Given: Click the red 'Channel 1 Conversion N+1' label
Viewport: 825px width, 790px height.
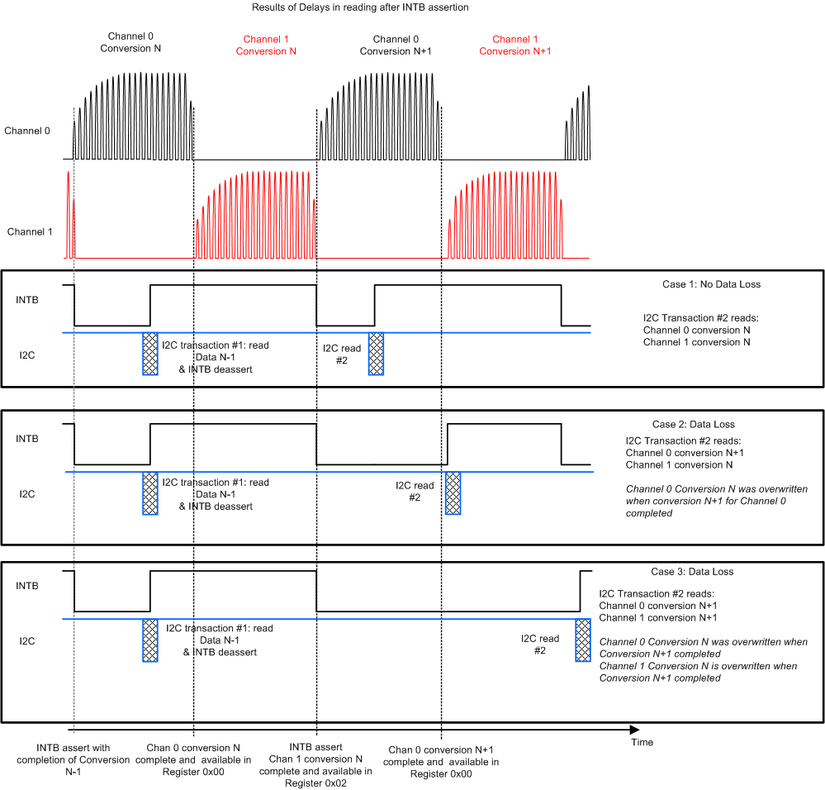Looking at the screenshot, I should point(514,45).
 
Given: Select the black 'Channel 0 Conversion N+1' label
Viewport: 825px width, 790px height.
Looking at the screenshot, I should point(396,45).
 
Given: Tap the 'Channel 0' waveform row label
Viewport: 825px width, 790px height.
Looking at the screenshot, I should point(26,131).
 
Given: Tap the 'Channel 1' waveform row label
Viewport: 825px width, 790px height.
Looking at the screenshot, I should point(30,232).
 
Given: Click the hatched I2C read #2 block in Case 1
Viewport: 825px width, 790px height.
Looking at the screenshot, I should point(376,354).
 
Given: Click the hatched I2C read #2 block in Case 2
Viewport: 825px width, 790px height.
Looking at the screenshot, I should point(453,493).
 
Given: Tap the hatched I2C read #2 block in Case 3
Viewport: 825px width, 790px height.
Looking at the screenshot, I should point(583,640).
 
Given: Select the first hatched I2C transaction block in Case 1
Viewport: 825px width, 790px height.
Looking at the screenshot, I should point(149,354).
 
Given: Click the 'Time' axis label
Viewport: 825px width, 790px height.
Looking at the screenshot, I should point(642,742).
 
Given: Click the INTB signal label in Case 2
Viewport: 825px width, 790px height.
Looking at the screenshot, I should point(27,439).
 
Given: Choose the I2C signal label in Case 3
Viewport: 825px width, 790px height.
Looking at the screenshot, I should point(28,640).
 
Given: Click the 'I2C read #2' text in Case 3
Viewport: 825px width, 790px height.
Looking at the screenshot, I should point(540,644).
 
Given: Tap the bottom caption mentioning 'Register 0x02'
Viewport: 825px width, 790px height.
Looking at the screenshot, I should point(315,771).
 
